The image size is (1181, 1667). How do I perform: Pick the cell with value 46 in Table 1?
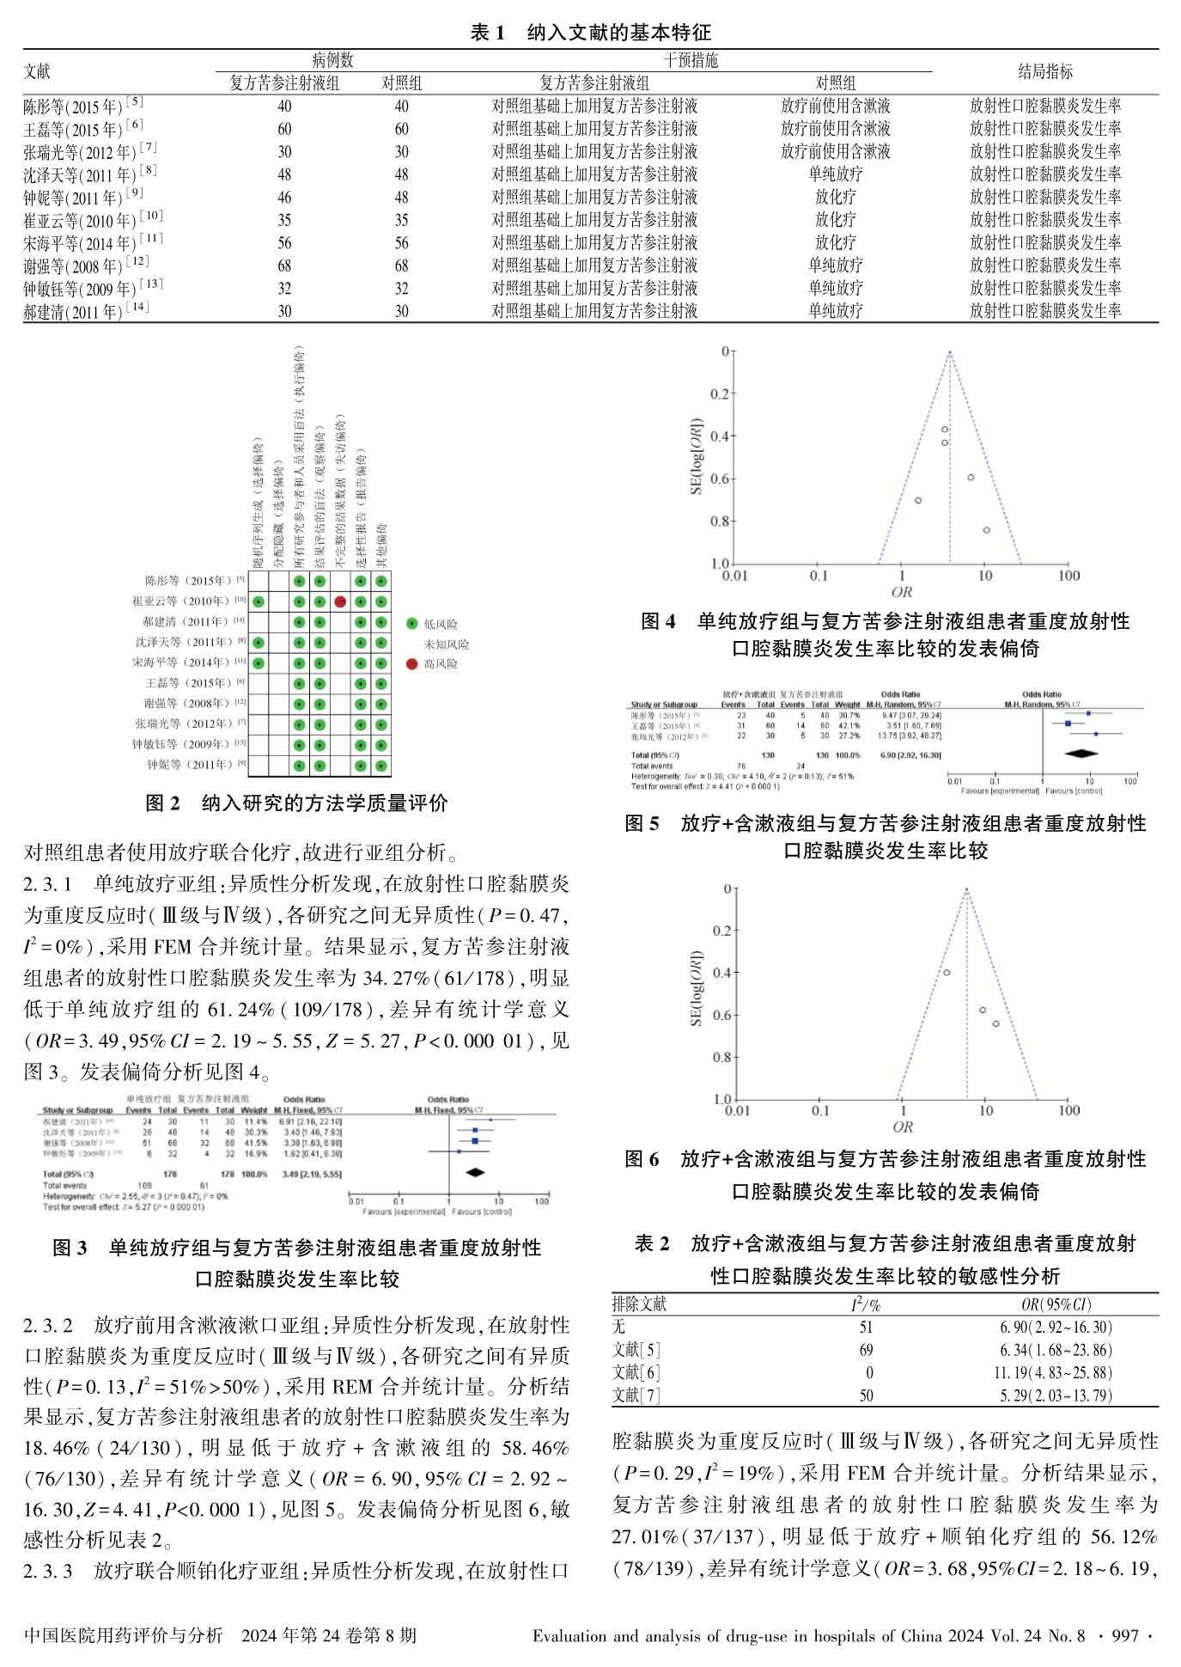pyautogui.click(x=284, y=198)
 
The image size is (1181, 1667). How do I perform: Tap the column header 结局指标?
pyautogui.click(x=1044, y=71)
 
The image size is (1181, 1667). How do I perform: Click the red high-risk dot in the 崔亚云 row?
pyautogui.click(x=340, y=601)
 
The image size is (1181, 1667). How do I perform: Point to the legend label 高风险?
pyautogui.click(x=441, y=664)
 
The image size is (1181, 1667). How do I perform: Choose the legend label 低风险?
pyautogui.click(x=441, y=625)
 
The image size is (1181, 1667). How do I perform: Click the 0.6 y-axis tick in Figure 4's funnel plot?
pyautogui.click(x=718, y=479)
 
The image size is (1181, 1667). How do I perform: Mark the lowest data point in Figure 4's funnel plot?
pyautogui.click(x=987, y=530)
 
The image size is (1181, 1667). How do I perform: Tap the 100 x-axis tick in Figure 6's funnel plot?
pyautogui.click(x=1068, y=1110)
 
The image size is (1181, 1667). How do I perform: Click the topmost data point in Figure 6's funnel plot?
pyautogui.click(x=947, y=973)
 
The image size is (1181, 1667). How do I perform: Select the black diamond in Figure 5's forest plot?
pyautogui.click(x=1081, y=754)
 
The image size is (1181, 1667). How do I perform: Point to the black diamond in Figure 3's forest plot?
pyautogui.click(x=473, y=1172)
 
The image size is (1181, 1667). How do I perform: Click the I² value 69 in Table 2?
pyautogui.click(x=866, y=1350)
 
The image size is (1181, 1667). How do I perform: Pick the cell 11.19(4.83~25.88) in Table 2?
pyautogui.click(x=1055, y=1372)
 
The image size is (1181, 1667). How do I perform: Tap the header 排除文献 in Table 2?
pyautogui.click(x=639, y=1304)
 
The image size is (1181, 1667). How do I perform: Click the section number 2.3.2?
pyautogui.click(x=48, y=1324)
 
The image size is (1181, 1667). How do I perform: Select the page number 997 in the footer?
pyautogui.click(x=1124, y=1635)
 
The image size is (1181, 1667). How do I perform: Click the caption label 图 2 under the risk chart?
pyautogui.click(x=162, y=803)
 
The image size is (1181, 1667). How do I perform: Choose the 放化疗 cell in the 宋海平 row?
pyautogui.click(x=835, y=243)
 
